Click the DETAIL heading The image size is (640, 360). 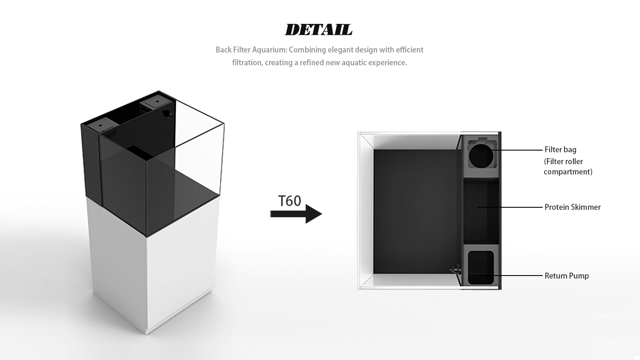[x=318, y=30]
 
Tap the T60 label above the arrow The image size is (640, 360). [x=289, y=201]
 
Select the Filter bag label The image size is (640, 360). [x=560, y=150]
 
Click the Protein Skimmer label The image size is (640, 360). [x=572, y=207]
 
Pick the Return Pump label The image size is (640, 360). [x=566, y=276]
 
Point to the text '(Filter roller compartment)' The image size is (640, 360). [x=567, y=167]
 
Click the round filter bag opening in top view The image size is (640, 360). [x=481, y=156]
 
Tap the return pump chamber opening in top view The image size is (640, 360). [x=481, y=267]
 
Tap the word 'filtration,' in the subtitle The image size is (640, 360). [x=247, y=63]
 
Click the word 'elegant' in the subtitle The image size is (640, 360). [x=340, y=50]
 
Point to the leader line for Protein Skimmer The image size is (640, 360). [x=510, y=207]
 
